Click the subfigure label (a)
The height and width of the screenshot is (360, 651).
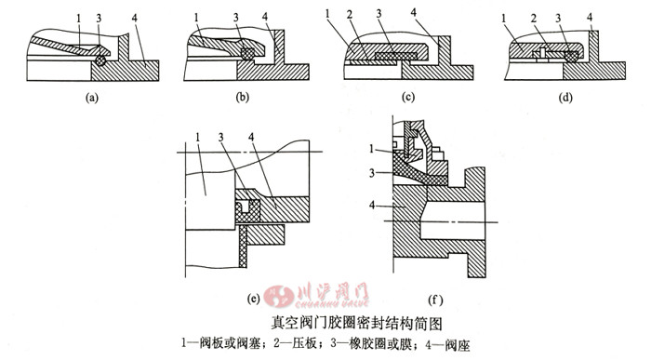click(x=91, y=98)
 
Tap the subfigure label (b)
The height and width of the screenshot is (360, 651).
click(x=243, y=98)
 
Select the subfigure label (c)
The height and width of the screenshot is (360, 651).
click(x=407, y=98)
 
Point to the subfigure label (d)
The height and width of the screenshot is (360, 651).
click(x=565, y=98)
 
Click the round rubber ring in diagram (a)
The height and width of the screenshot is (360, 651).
click(x=100, y=60)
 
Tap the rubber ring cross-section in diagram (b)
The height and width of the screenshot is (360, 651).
click(x=247, y=54)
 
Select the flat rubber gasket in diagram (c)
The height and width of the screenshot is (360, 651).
click(x=395, y=56)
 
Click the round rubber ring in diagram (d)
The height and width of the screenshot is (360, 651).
click(x=572, y=57)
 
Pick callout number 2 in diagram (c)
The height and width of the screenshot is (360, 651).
click(x=350, y=16)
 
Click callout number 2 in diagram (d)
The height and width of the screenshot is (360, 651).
click(x=534, y=19)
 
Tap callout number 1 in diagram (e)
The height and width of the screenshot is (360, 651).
click(x=198, y=137)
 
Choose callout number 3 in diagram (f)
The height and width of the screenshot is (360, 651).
click(x=372, y=172)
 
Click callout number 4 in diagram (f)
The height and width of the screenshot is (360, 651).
click(x=372, y=205)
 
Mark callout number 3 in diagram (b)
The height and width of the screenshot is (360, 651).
click(x=236, y=18)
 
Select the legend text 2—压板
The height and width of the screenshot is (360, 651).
click(x=295, y=344)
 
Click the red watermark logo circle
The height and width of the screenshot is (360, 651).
click(x=279, y=295)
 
